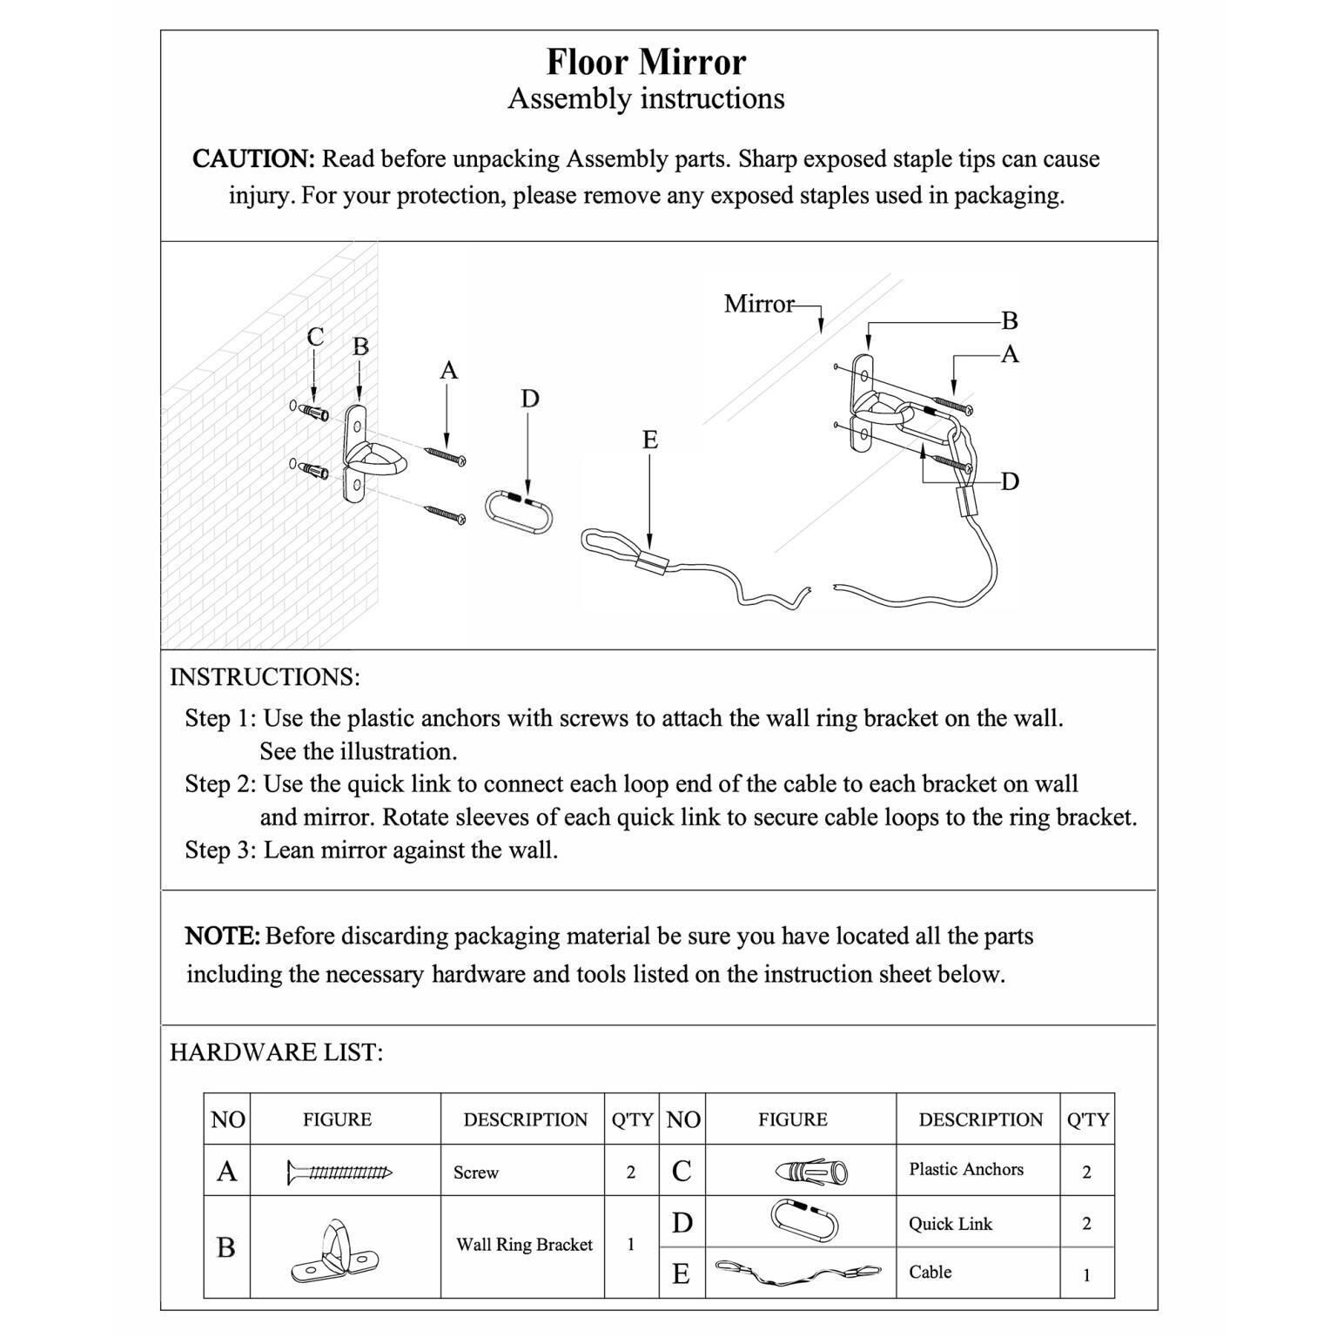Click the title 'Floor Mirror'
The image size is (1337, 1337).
point(646,63)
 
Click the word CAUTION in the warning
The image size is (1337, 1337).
point(252,159)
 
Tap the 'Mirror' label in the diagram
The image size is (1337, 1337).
point(758,304)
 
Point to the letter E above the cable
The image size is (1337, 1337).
point(650,440)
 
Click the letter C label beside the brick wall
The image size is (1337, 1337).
point(315,337)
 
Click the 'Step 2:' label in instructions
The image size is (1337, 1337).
point(220,784)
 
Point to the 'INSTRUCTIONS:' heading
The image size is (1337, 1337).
point(265,677)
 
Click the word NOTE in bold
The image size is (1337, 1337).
point(222,937)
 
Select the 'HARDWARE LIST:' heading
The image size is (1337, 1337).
point(276,1052)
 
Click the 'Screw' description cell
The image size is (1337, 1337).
point(476,1172)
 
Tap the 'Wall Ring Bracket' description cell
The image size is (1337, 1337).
point(524,1245)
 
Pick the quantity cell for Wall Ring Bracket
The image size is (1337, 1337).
point(631,1245)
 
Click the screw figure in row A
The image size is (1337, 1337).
point(339,1172)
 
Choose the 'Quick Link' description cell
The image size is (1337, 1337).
point(951,1224)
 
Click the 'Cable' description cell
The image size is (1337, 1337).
point(930,1273)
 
